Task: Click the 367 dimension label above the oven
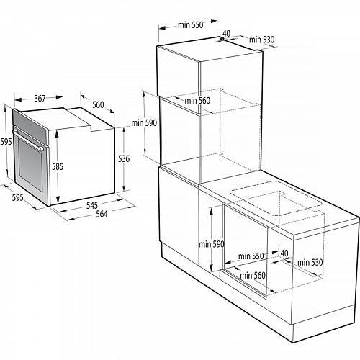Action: (x=40, y=99)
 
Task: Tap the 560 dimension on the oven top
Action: (x=98, y=104)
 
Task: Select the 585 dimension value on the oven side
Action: (x=58, y=166)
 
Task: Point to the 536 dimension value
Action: (x=124, y=158)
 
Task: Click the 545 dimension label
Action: (x=92, y=205)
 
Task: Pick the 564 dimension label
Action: (x=102, y=214)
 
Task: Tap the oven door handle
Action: (x=28, y=140)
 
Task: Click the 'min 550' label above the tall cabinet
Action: (x=191, y=25)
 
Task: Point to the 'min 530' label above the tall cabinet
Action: (x=261, y=40)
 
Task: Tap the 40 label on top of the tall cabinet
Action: (x=227, y=33)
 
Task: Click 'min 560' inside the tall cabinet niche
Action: (x=197, y=101)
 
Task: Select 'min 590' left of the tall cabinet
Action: (x=144, y=123)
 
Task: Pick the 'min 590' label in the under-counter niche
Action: (x=212, y=244)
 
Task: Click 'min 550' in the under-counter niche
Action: (x=251, y=256)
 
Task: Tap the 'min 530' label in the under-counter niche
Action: (x=310, y=263)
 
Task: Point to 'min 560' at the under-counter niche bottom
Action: (x=253, y=275)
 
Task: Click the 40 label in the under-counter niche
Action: (x=284, y=253)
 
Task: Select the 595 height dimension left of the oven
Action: (x=6, y=142)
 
